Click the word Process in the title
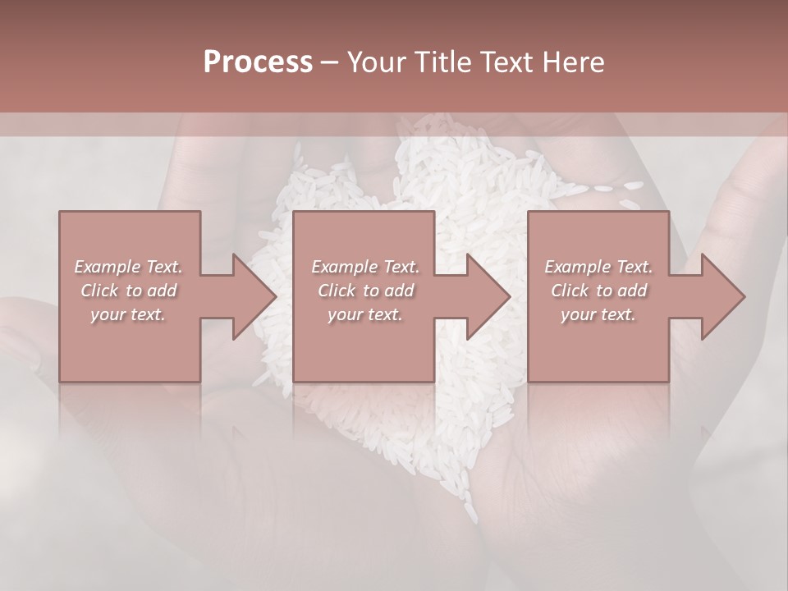tap(258, 62)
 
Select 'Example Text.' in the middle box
tap(364, 267)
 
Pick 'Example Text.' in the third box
tap(598, 267)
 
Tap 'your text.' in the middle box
tap(364, 314)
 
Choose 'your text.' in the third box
tap(598, 314)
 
